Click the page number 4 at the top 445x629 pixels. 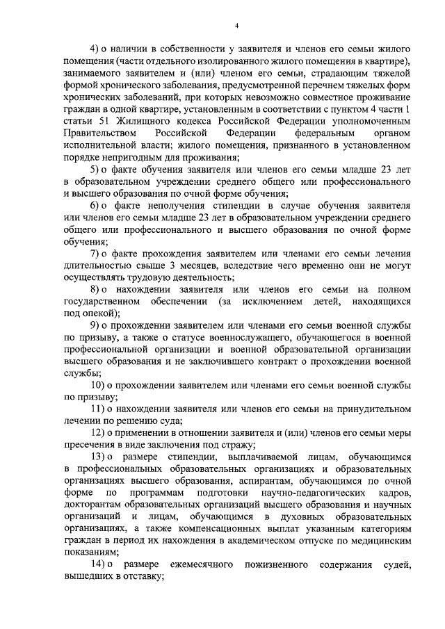[x=236, y=26]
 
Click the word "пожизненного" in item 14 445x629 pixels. [x=275, y=565]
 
